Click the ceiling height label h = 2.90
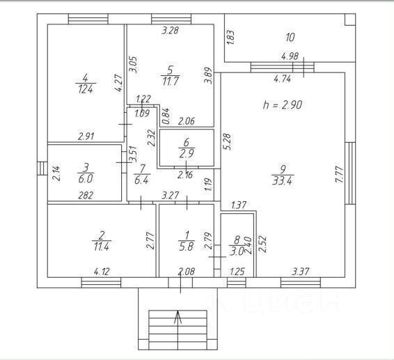(283, 104)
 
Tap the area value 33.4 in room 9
(282, 180)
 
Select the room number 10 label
(290, 38)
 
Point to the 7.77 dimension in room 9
(339, 175)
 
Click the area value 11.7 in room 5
(171, 81)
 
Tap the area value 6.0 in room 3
(86, 179)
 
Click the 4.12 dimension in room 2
(102, 272)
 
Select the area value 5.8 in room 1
(187, 246)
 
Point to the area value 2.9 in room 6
(187, 153)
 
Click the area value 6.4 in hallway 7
(141, 180)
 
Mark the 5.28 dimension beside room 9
(227, 141)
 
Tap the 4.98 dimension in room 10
(290, 56)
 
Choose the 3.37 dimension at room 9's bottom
(301, 272)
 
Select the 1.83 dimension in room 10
(230, 38)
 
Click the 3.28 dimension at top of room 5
(170, 31)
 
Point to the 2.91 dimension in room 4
(86, 136)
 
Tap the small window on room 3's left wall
(42, 169)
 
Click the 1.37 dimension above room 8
(239, 205)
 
